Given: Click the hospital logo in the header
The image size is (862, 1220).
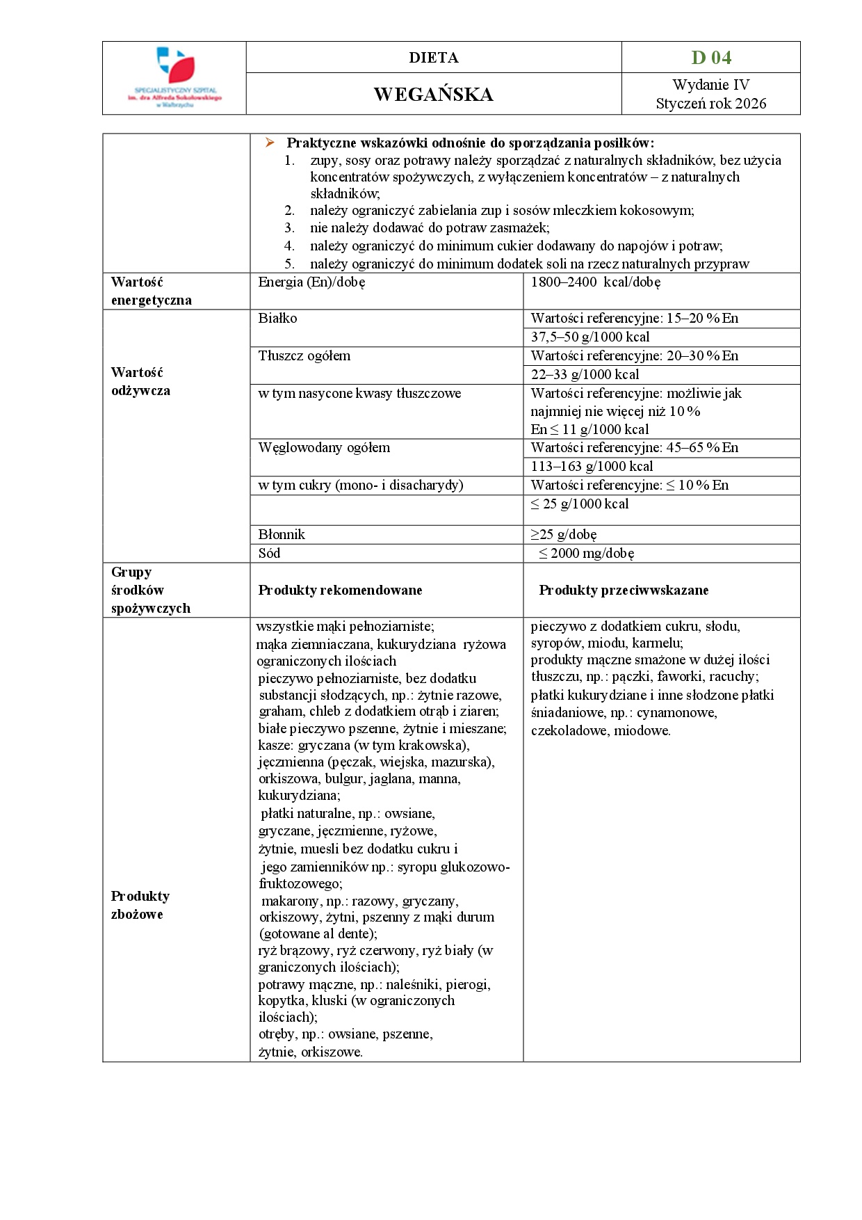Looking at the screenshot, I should tap(174, 77).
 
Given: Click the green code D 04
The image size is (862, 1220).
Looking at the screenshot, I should tap(711, 58).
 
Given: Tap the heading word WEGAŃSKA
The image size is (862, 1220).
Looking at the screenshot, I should tap(433, 95).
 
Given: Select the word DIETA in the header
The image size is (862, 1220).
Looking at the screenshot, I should tap(433, 58).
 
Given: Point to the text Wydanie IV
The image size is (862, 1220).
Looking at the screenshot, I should tap(711, 85).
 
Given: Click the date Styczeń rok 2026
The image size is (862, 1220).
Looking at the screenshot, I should tap(711, 104).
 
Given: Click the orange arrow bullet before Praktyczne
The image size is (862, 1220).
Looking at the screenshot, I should tap(270, 143).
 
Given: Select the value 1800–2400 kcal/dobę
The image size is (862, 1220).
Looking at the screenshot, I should tap(595, 282).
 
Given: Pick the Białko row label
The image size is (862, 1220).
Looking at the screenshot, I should tap(277, 319).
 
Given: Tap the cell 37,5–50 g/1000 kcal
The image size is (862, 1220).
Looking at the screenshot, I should tap(590, 337).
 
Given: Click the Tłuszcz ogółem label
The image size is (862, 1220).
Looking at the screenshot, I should tap(304, 356).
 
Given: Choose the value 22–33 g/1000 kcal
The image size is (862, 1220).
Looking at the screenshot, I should tap(585, 375).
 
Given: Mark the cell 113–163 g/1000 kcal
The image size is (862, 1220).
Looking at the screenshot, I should tap(592, 467).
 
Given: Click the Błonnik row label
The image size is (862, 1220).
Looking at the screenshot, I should tap(282, 535).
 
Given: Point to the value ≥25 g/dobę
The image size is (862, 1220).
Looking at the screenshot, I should tap(564, 535).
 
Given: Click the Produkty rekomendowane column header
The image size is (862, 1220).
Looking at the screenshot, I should tap(340, 591).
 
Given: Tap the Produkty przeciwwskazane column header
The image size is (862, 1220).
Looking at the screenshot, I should tap(624, 591).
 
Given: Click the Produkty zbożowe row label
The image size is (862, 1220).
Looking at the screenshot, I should tap(140, 905).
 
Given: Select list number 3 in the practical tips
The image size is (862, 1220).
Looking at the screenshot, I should tap(289, 228).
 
